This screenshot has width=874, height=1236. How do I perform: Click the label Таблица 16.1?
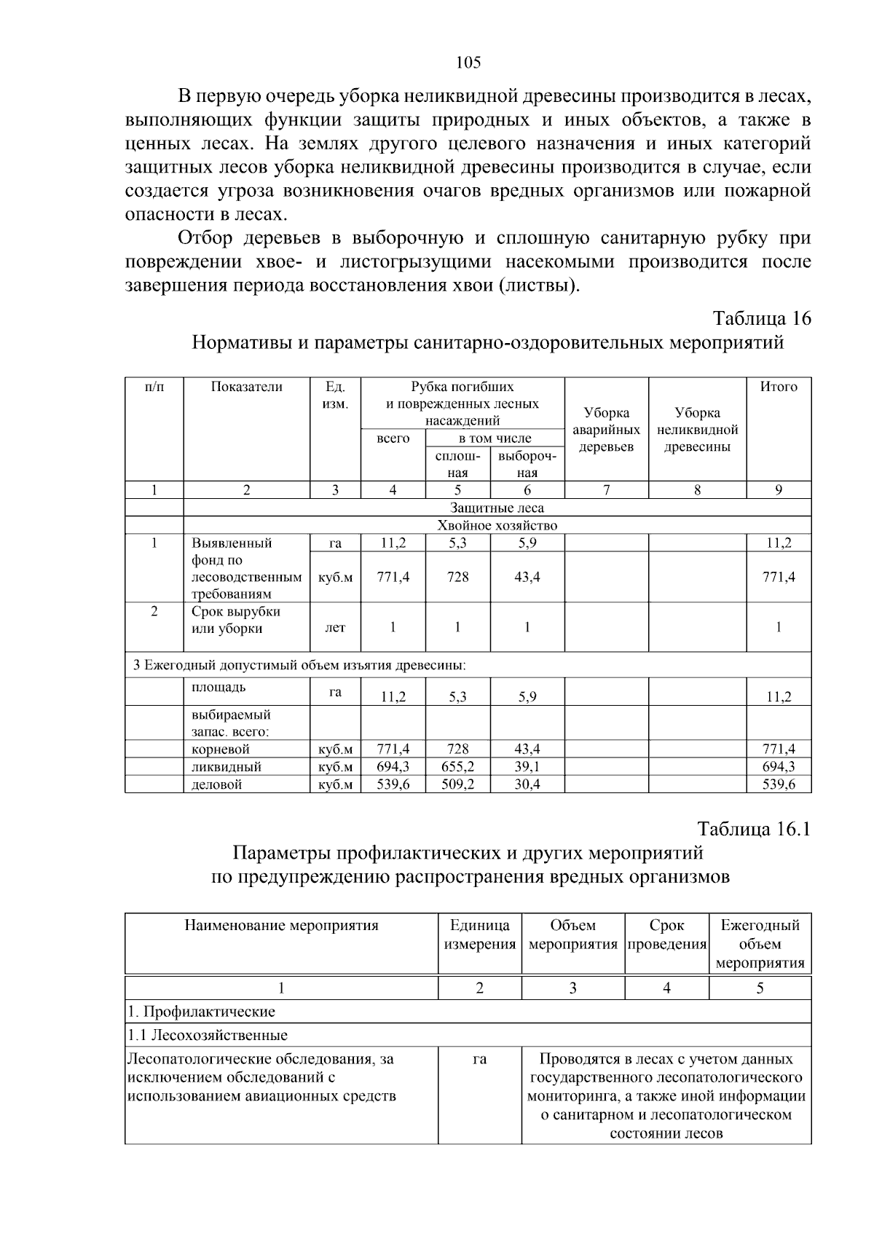[x=753, y=830]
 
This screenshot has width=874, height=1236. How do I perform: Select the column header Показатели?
[x=246, y=387]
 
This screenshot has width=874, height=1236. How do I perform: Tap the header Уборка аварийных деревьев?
[x=606, y=430]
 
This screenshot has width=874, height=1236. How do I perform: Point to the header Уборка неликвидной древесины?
[x=697, y=430]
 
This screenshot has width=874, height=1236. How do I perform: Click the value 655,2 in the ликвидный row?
[x=457, y=766]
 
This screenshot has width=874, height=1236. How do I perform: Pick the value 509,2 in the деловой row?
[x=457, y=784]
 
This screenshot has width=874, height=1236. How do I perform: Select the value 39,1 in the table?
[x=527, y=766]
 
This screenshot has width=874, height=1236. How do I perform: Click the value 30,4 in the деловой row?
[x=527, y=784]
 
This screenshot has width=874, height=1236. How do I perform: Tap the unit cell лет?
[x=335, y=627]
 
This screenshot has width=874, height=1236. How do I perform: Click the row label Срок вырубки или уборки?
[x=235, y=620]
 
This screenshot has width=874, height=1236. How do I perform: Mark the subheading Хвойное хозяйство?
[x=497, y=525]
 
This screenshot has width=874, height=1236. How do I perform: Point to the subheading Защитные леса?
[x=497, y=508]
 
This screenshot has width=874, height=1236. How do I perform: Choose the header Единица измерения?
[x=479, y=934]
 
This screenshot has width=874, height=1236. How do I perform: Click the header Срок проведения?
[x=666, y=934]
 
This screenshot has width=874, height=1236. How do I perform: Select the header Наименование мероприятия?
[x=281, y=926]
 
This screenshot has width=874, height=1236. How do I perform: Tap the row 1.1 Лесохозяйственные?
[x=208, y=1035]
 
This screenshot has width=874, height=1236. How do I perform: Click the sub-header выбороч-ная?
[x=527, y=465]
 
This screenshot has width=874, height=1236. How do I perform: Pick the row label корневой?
[x=220, y=749]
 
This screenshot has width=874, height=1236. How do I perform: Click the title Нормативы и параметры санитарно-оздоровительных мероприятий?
[x=487, y=342]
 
